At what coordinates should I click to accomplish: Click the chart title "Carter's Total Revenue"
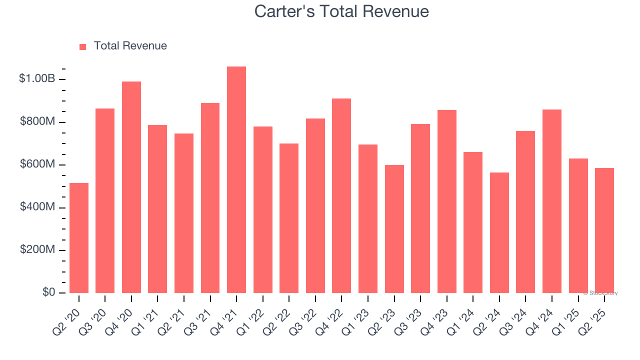341,11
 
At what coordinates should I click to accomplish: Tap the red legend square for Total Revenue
82,46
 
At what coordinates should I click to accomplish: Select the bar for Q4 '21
236,179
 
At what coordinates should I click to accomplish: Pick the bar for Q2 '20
79,237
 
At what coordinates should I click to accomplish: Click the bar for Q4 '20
131,187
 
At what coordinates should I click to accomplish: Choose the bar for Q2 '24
499,232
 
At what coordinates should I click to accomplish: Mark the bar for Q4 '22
341,195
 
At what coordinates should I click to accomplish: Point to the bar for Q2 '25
604,230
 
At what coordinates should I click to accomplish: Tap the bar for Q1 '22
262,209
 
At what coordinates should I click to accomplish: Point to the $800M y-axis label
37,122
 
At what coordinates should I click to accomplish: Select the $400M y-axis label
37,207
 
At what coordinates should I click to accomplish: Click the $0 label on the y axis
48,292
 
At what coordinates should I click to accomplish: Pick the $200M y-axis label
37,249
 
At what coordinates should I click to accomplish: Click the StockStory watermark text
600,293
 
